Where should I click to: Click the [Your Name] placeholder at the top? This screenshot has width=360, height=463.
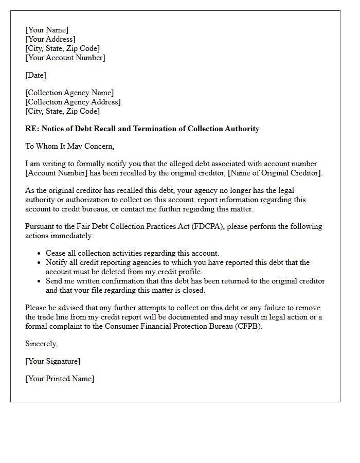point(47,30)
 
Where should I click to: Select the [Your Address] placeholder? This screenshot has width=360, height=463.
point(50,39)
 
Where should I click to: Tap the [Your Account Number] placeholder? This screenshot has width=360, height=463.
point(65,58)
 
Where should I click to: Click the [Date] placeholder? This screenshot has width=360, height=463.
point(35,75)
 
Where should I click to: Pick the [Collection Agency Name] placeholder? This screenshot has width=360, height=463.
point(69,93)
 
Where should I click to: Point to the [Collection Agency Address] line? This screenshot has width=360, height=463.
point(73,102)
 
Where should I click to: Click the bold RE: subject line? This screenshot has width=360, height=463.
point(142,129)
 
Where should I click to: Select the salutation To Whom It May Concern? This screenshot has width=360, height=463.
point(69,146)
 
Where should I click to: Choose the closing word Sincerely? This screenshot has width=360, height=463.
point(42,344)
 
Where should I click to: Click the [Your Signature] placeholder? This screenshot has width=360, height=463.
point(53,361)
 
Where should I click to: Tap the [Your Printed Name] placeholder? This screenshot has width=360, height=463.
point(60,379)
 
